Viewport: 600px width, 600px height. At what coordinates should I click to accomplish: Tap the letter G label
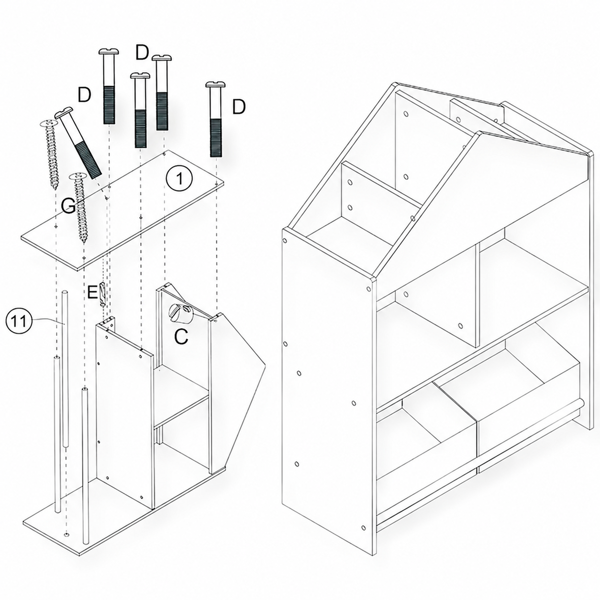coord(67,206)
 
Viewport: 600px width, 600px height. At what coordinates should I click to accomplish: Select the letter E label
coord(93,293)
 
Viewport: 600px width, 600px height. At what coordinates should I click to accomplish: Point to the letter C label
coord(181,336)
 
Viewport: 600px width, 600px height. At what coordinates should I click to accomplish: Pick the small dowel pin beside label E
coord(102,295)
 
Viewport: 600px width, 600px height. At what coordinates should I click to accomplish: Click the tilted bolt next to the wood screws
coord(79,144)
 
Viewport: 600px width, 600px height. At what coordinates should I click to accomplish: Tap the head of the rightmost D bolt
coord(216,85)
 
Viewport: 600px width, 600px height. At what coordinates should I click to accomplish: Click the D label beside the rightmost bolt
coord(239,107)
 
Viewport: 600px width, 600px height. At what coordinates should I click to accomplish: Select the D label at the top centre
coord(142,53)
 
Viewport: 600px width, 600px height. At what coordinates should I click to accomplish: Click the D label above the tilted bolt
coord(84,95)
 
